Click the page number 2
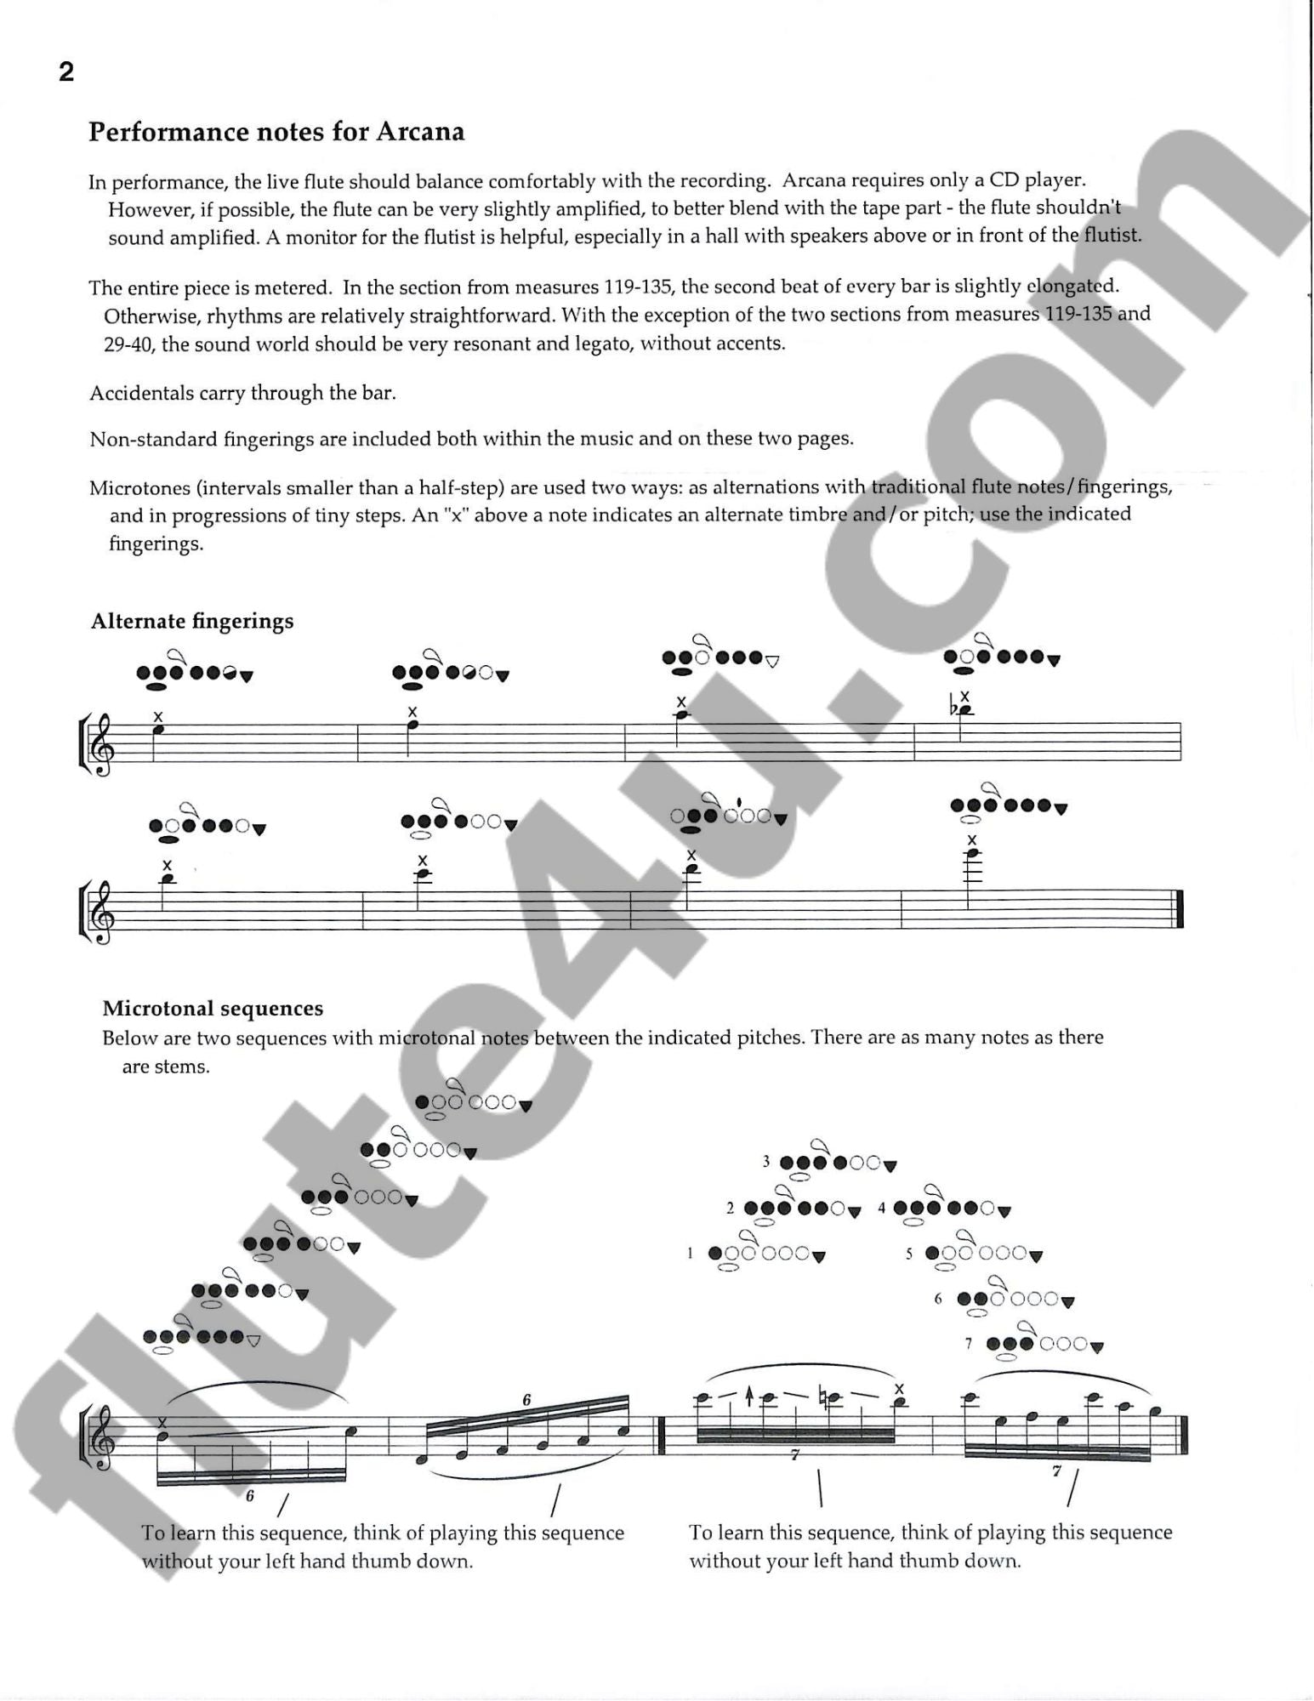pyautogui.click(x=66, y=73)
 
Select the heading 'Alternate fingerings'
pyautogui.click(x=192, y=622)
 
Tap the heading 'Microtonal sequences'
pyautogui.click(x=213, y=1009)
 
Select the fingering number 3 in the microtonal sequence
pyautogui.click(x=766, y=1162)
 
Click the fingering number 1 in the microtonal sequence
pyautogui.click(x=691, y=1253)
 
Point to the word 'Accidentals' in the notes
pyautogui.click(x=138, y=393)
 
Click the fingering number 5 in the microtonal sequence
pyautogui.click(x=908, y=1253)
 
